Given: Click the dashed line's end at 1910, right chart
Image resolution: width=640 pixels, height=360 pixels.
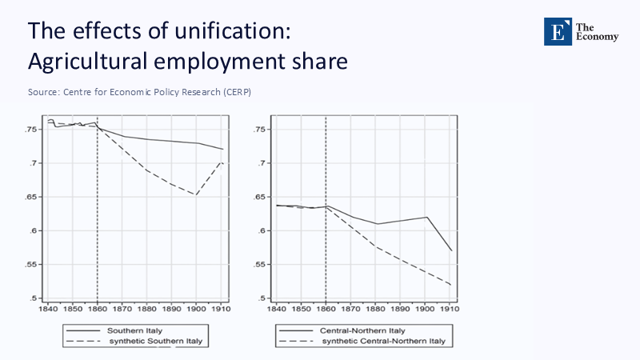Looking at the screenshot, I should click(452, 285).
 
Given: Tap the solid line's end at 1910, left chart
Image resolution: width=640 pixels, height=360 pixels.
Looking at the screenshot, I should click(223, 150).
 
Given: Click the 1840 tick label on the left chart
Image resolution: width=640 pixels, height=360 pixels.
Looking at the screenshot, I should click(47, 307).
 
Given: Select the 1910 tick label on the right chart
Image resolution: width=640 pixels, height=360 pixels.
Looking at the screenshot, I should click(452, 307).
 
